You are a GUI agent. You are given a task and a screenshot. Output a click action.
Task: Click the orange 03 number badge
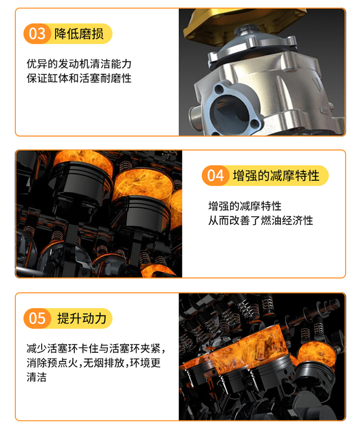click(37, 34)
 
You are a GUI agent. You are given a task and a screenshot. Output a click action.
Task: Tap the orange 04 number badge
click(215, 176)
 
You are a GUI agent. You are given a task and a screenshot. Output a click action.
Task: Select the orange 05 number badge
click(37, 318)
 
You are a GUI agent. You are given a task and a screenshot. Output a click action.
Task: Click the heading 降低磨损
click(79, 34)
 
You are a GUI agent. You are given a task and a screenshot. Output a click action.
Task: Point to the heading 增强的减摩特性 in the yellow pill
click(276, 176)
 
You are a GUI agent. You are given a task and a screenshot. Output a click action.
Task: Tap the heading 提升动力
click(82, 318)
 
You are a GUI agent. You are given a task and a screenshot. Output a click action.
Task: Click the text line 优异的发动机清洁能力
click(79, 64)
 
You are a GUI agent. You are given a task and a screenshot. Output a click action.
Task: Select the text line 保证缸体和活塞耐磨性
click(79, 78)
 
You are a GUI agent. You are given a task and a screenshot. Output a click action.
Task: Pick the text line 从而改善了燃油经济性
click(261, 220)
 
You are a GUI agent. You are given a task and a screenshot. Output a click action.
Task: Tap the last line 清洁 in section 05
click(36, 377)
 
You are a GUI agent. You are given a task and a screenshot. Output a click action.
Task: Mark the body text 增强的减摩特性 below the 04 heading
click(245, 206)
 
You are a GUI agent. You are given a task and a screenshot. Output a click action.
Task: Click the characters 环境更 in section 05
click(145, 363)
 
